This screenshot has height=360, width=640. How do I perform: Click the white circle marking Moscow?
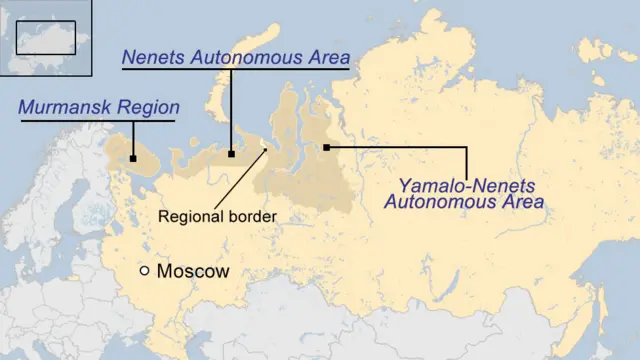(x=145, y=271)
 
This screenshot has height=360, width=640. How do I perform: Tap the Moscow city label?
(x=193, y=271)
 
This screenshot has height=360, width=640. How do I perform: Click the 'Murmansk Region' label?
(x=98, y=107)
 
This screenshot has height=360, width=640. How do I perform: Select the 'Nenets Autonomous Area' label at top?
(x=235, y=58)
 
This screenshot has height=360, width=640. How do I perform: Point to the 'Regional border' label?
(x=218, y=216)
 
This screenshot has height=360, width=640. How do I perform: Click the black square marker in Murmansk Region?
(x=132, y=158)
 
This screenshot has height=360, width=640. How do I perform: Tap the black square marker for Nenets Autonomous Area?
(x=232, y=154)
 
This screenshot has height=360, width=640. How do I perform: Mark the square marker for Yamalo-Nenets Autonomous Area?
(x=327, y=148)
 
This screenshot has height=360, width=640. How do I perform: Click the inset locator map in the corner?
(x=45, y=38)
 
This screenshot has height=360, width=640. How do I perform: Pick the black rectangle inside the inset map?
(x=46, y=37)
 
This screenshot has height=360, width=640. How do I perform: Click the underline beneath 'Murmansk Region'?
(x=97, y=121)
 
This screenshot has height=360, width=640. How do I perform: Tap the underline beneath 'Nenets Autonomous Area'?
(x=235, y=70)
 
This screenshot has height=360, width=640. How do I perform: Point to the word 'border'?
(x=251, y=216)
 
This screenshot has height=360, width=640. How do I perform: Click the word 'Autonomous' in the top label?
(x=251, y=58)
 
